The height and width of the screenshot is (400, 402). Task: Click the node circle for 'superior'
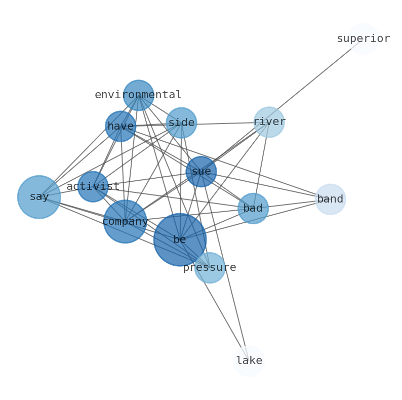pyautogui.click(x=364, y=39)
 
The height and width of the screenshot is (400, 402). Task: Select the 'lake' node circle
pyautogui.click(x=249, y=361)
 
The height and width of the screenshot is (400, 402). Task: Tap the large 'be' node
pyautogui.click(x=180, y=239)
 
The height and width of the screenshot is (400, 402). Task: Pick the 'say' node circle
pyautogui.click(x=39, y=197)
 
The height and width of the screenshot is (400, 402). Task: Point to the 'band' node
pyautogui.click(x=330, y=199)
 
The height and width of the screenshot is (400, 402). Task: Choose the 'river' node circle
pyautogui.click(x=269, y=122)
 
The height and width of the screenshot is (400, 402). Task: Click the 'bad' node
pyautogui.click(x=253, y=208)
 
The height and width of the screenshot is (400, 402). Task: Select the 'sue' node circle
pyautogui.click(x=201, y=172)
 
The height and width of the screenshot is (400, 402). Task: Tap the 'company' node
pyautogui.click(x=125, y=221)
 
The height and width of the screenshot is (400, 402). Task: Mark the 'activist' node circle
pyautogui.click(x=93, y=186)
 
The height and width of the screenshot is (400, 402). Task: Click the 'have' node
pyautogui.click(x=120, y=126)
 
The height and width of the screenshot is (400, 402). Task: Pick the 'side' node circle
pyautogui.click(x=181, y=123)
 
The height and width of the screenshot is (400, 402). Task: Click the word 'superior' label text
pyautogui.click(x=363, y=38)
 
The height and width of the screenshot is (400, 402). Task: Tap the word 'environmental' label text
pyautogui.click(x=138, y=95)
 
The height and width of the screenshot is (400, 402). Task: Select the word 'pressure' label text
pyautogui.click(x=209, y=267)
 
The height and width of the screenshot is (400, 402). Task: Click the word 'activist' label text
pyautogui.click(x=93, y=186)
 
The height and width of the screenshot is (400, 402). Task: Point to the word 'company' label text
pyautogui.click(x=125, y=221)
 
